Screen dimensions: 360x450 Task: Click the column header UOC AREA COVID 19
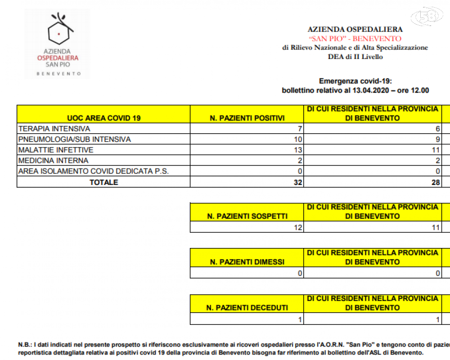coord(103,118)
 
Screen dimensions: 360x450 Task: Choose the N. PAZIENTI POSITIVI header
coord(247,118)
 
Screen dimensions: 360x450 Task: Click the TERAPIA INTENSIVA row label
coord(54,129)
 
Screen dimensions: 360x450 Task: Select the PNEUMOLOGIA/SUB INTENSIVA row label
coord(75,139)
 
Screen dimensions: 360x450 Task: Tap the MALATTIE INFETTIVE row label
coord(56,150)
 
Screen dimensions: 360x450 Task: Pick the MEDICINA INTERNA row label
coord(53,160)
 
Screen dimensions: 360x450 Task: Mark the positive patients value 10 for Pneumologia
coord(298,139)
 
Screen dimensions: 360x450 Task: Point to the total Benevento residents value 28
coord(435,182)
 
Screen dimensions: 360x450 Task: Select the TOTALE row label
coord(103,182)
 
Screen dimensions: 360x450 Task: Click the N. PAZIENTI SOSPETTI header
coord(247,216)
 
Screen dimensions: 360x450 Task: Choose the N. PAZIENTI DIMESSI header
coord(247,262)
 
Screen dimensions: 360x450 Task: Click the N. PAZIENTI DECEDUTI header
coord(247,308)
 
